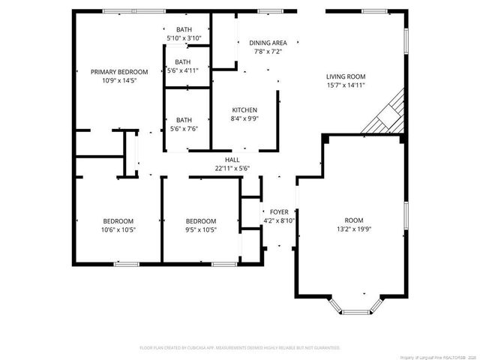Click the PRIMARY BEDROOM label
119,71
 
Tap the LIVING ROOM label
345,76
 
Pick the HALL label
232,159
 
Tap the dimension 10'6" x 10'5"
118,229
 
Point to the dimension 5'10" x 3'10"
183,38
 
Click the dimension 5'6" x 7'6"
183,129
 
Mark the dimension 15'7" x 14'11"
345,85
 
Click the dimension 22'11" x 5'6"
232,168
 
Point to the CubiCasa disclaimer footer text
240,348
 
